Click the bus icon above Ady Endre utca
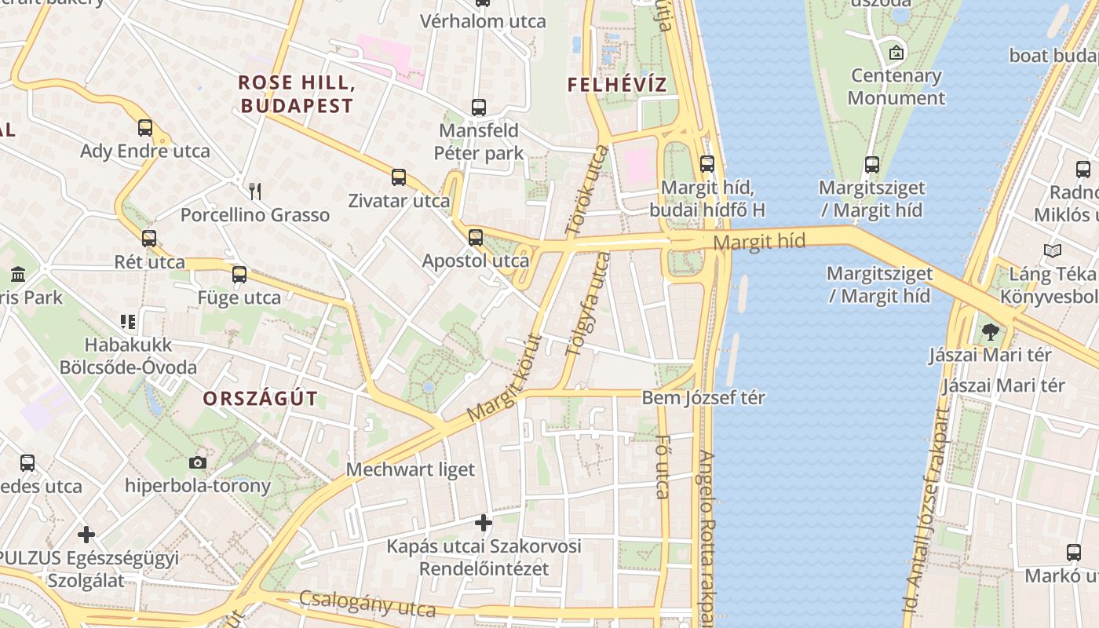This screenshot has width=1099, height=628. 145,127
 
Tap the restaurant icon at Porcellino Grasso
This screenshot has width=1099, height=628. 254,191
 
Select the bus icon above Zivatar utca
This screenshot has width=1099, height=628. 399,177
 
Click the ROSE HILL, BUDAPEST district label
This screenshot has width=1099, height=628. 297,93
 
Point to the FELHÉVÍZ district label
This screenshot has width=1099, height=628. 617,85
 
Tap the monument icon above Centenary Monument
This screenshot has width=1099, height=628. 896,53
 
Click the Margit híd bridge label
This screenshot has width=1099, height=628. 760,242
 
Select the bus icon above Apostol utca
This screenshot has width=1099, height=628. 476,237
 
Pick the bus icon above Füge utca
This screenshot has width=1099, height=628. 239,275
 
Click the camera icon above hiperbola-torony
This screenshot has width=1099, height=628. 198,462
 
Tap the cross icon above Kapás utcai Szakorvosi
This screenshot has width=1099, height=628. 484,522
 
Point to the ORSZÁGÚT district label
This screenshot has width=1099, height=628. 261,398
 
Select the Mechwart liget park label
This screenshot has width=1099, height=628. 411,469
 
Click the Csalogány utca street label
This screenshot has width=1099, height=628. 367,604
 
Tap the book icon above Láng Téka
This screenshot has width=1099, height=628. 1053,250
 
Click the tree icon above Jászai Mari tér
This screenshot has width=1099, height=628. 990,331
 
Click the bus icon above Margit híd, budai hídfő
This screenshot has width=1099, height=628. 707,163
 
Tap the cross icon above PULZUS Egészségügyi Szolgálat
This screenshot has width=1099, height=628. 86,535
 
